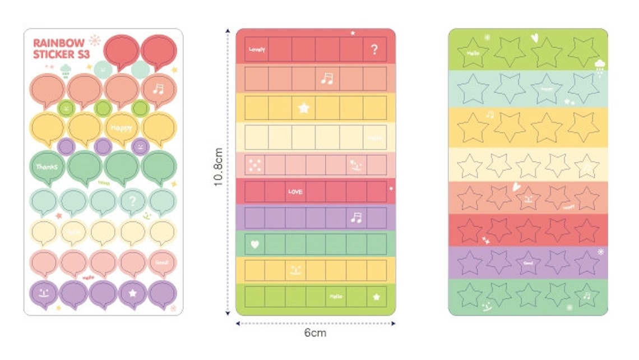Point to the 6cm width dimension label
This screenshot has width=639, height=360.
pyautogui.click(x=315, y=333)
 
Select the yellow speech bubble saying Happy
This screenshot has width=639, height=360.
pyautogui.click(x=122, y=127)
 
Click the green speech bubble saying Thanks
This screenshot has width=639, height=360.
pyautogui.click(x=47, y=167)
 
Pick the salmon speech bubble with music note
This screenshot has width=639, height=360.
pyautogui.click(x=159, y=90)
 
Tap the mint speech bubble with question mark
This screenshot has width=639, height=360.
pyautogui.click(x=132, y=200)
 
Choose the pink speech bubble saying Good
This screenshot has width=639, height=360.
pyautogui.click(x=163, y=261)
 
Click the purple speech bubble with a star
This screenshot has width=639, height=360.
pyautogui.click(x=133, y=293)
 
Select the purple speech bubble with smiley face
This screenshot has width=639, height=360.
pyautogui.click(x=45, y=293)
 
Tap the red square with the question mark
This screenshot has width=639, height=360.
pyautogui.click(x=374, y=49)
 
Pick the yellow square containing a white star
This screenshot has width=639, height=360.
pyautogui.click(x=304, y=108)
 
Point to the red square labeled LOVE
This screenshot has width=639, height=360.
pyautogui.click(x=295, y=192)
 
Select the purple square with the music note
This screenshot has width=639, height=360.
pyautogui.click(x=355, y=218)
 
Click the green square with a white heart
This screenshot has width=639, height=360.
pyautogui.click(x=255, y=244)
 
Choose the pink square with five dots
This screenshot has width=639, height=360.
pyautogui.click(x=254, y=165)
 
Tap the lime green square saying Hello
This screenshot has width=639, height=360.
pyautogui.click(x=336, y=296)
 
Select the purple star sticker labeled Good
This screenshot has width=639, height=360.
pyautogui.click(x=528, y=262)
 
